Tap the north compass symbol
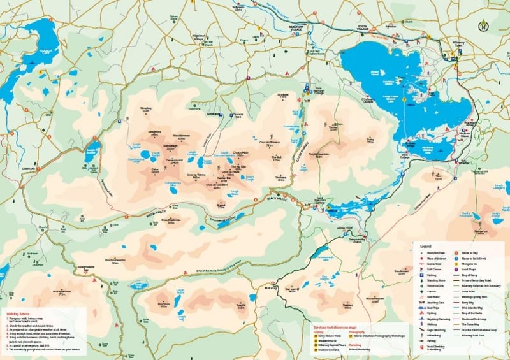click(484, 25)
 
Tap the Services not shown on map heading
click(334, 326)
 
